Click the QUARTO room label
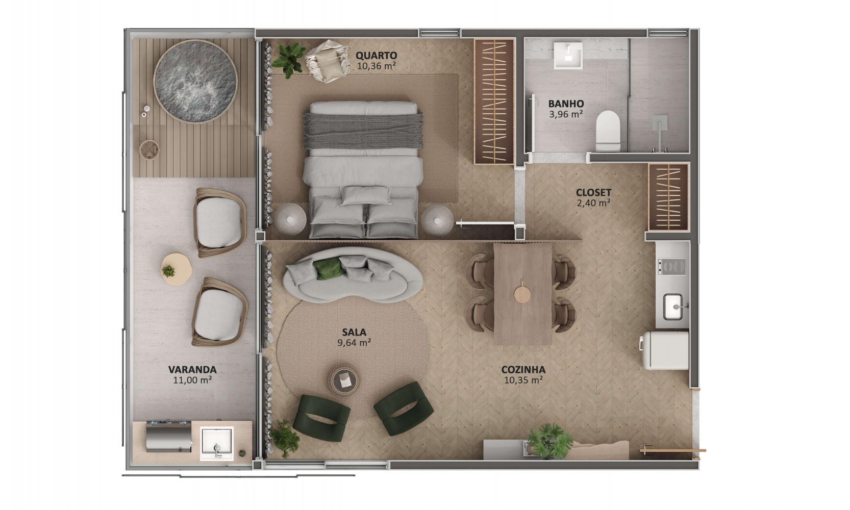click(x=376, y=56)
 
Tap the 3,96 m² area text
click(x=566, y=114)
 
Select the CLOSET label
click(x=593, y=193)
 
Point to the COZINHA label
click(x=523, y=370)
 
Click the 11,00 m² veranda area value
click(x=192, y=380)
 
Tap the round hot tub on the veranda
click(x=195, y=82)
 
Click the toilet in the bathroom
click(x=608, y=131)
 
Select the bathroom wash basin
click(x=568, y=56)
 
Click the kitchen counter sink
click(x=673, y=307)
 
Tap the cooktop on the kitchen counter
click(x=671, y=266)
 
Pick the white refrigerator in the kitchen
click(x=664, y=350)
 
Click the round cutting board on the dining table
click(x=522, y=292)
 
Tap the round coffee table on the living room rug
click(x=344, y=379)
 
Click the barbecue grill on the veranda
click(x=168, y=437)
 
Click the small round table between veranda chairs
click(x=176, y=269)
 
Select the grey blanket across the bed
click(x=363, y=131)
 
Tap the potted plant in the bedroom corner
click(x=289, y=59)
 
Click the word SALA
click(x=354, y=333)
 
